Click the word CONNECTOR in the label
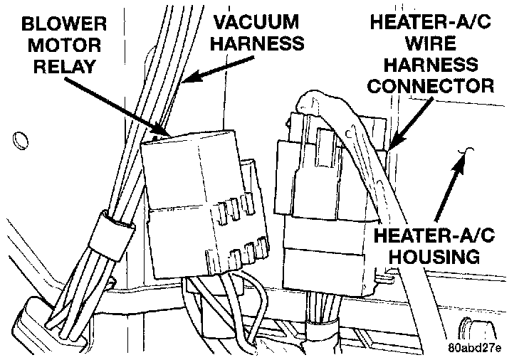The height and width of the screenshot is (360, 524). tap(429, 86)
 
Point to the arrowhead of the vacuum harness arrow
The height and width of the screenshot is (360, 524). tap(187, 80)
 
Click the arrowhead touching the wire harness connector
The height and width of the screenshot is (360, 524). tap(392, 146)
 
